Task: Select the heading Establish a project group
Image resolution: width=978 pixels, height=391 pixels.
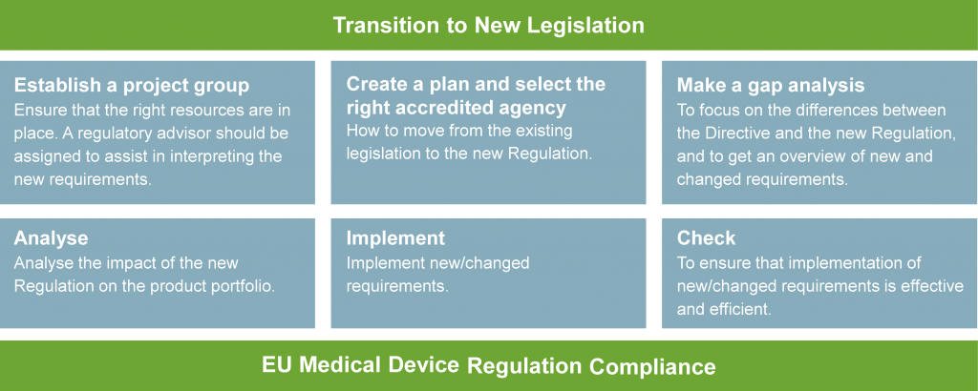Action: coord(132,85)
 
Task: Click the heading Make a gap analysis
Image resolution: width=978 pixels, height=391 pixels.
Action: coord(771,85)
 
